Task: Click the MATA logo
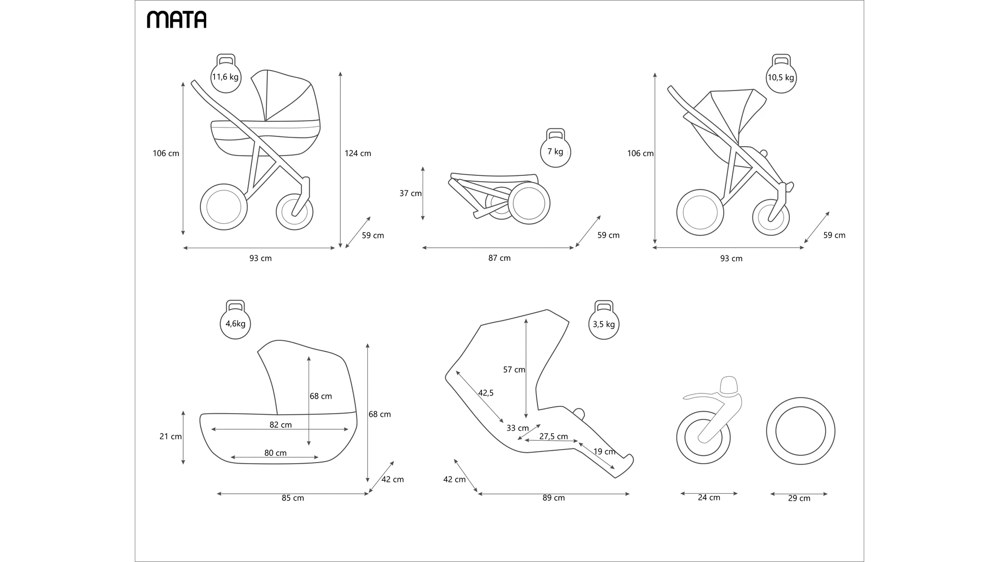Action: (x=176, y=19)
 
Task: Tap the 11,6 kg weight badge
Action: (x=225, y=76)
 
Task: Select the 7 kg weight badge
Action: (x=555, y=151)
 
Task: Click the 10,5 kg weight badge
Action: (x=781, y=78)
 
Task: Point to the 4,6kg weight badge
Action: (x=235, y=323)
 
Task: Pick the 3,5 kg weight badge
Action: (x=604, y=324)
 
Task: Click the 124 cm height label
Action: (x=358, y=154)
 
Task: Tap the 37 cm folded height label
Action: (x=411, y=194)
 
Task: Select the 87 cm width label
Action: (x=499, y=258)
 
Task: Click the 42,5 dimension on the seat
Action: (x=486, y=393)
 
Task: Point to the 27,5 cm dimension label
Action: (x=554, y=437)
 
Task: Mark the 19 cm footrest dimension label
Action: (x=605, y=451)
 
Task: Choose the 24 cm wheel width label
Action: (x=709, y=497)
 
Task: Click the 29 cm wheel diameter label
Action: (x=799, y=498)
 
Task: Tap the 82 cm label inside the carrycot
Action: (x=280, y=425)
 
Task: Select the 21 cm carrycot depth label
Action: (x=171, y=437)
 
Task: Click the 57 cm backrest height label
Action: (x=514, y=369)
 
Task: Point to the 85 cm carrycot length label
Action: (x=293, y=498)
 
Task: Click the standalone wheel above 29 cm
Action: (x=800, y=431)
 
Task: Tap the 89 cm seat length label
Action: (x=554, y=498)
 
